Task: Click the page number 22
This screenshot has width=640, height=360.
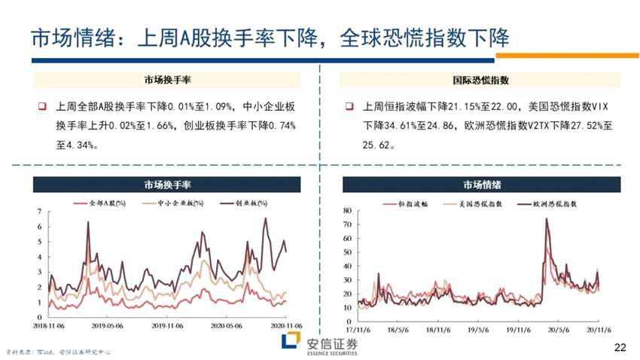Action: (620, 347)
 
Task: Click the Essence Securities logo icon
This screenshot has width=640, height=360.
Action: (291, 343)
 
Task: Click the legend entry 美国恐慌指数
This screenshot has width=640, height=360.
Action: (480, 203)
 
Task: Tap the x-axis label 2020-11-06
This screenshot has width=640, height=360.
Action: (285, 326)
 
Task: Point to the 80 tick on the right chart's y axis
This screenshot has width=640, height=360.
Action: (347, 210)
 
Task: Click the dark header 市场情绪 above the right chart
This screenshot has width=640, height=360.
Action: (482, 185)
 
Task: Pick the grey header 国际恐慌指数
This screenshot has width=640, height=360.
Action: (482, 79)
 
